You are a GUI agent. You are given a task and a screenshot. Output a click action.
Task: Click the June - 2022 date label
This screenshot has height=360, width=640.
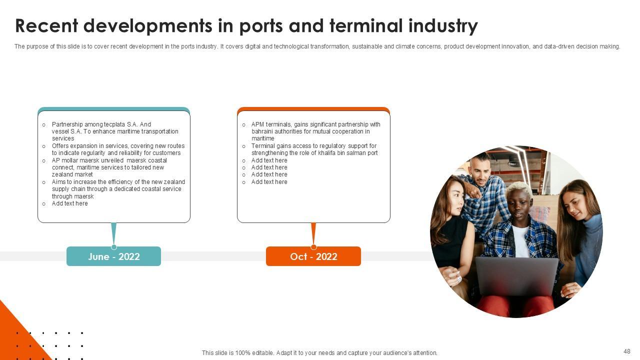[x=113, y=256]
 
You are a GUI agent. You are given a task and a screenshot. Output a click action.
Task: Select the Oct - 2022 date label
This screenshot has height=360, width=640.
[x=313, y=256]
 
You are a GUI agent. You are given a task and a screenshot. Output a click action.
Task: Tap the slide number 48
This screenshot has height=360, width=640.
[x=627, y=351]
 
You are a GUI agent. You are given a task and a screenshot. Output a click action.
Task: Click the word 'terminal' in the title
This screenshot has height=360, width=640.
[x=363, y=25]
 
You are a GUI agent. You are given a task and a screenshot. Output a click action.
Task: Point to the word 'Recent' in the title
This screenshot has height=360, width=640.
[x=49, y=25]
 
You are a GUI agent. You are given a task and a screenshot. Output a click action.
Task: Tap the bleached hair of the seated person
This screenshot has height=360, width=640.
[x=518, y=189]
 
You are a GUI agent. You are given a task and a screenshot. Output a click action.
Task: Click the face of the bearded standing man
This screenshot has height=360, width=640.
[x=482, y=170]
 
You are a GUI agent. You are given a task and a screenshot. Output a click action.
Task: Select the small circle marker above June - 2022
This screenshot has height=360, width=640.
[x=114, y=247]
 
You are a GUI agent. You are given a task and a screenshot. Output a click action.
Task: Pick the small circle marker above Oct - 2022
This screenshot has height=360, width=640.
[x=313, y=247]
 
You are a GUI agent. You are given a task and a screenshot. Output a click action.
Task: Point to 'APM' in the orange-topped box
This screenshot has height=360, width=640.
[x=258, y=124]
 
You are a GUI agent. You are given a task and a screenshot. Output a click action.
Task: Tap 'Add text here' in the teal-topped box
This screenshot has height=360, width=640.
[x=69, y=203]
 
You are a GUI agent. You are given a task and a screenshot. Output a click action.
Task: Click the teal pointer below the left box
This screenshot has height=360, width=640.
[x=114, y=232]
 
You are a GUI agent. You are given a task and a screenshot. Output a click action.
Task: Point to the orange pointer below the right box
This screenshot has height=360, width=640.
[x=313, y=232]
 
